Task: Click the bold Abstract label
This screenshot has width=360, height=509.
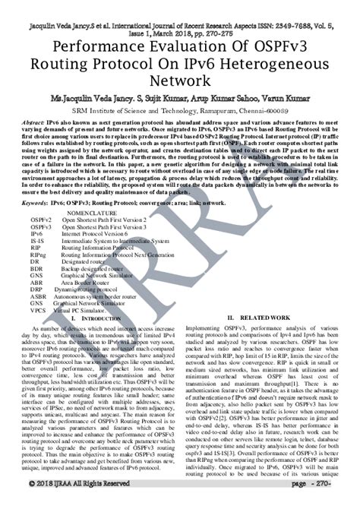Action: tap(34, 122)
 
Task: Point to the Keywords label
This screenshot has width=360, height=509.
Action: tap(37, 204)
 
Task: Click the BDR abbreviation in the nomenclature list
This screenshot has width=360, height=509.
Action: tap(36, 268)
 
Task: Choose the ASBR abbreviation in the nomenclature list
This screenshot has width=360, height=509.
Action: tap(39, 296)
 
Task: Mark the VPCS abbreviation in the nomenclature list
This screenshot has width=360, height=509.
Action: tap(39, 309)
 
